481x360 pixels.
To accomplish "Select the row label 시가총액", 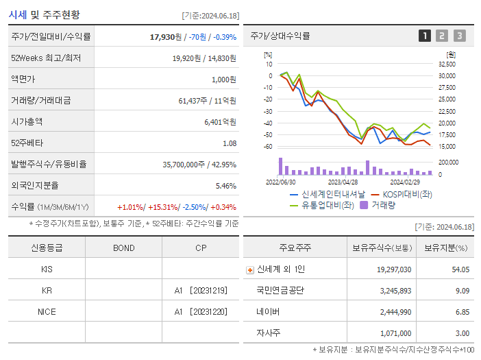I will (27, 121).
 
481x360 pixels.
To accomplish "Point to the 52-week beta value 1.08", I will (230, 143).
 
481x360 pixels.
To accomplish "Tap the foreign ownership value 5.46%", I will (225, 186).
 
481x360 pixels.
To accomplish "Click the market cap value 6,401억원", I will (220, 121).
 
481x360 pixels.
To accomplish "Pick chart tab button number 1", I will (425, 36).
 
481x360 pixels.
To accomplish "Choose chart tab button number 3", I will (459, 36).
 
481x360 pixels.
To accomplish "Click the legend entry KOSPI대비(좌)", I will (407, 194).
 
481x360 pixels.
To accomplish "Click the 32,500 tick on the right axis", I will (447, 64).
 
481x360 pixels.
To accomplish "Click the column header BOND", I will (123, 248).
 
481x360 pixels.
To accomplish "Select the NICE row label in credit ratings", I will (47, 311).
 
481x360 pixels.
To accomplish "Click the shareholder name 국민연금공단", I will (280, 290).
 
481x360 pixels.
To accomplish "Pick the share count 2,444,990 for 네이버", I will (394, 311).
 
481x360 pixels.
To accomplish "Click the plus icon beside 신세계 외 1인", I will (250, 269).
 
